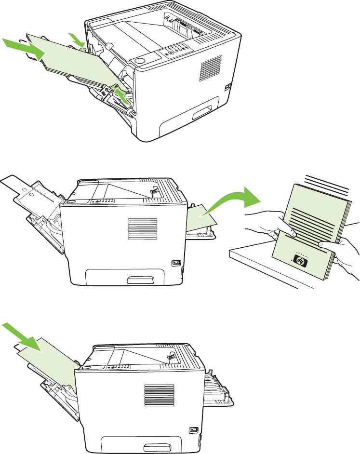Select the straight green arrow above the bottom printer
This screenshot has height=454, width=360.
[24, 336]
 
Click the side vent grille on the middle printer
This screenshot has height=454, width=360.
[142, 230]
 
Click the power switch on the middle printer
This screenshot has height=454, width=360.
[176, 263]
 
